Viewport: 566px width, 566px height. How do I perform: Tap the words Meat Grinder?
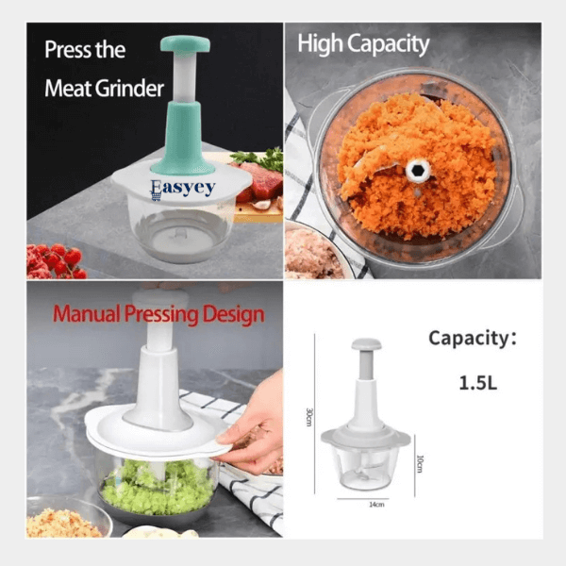click(x=104, y=89)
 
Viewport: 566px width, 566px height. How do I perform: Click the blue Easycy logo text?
click(x=182, y=188)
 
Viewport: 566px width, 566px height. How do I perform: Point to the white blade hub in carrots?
click(x=418, y=172)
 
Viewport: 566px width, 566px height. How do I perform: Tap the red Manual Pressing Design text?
click(x=158, y=313)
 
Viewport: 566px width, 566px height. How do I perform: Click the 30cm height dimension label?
click(x=308, y=416)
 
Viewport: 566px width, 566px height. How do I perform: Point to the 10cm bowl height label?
click(x=422, y=463)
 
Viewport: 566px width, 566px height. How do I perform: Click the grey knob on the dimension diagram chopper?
click(x=366, y=345)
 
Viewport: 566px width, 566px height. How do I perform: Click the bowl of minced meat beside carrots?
click(x=316, y=253)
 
